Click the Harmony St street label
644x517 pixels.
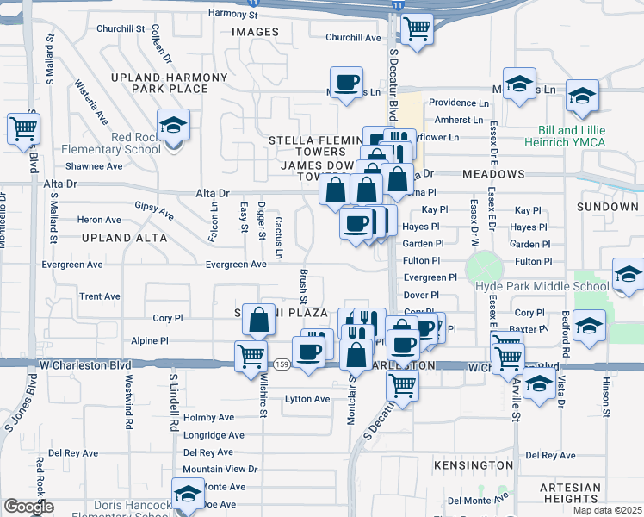(234, 14)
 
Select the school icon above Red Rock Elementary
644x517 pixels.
(173, 126)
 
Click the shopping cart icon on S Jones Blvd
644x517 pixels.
(23, 129)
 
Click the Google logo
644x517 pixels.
(28, 507)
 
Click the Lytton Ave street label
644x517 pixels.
(307, 399)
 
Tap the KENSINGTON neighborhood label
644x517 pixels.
(474, 465)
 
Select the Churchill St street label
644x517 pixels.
(121, 28)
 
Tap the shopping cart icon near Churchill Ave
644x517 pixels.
(417, 29)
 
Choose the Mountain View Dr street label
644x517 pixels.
(220, 469)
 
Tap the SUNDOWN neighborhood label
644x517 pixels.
(607, 208)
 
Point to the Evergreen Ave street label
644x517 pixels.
(236, 265)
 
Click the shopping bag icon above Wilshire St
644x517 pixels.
(258, 321)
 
